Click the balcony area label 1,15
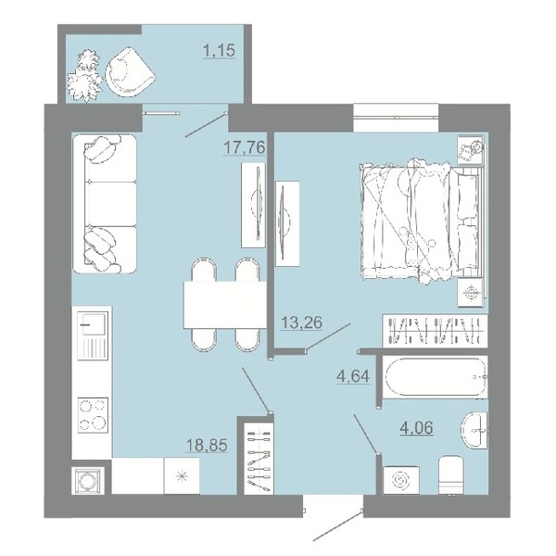click(219, 50)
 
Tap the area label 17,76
click(245, 147)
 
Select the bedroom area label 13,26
click(301, 322)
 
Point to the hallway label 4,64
click(353, 376)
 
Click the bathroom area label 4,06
click(416, 427)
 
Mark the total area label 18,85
click(207, 445)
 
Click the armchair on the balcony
click(130, 71)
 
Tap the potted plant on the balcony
click(84, 76)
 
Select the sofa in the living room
click(105, 204)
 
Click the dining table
click(225, 305)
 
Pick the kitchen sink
click(93, 335)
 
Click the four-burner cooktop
click(93, 415)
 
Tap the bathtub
click(436, 377)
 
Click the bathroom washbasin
click(474, 430)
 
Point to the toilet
click(451, 475)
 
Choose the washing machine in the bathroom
click(401, 480)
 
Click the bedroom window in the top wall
click(396, 118)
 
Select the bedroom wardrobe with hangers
click(436, 331)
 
